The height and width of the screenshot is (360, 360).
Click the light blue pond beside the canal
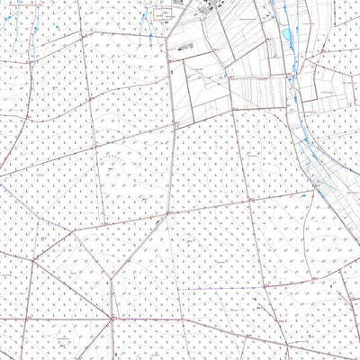click(287, 33)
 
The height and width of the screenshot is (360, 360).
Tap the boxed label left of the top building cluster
click(164, 15)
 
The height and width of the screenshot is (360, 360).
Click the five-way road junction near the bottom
click(112, 317)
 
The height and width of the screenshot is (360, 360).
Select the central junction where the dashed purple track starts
click(166, 216)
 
